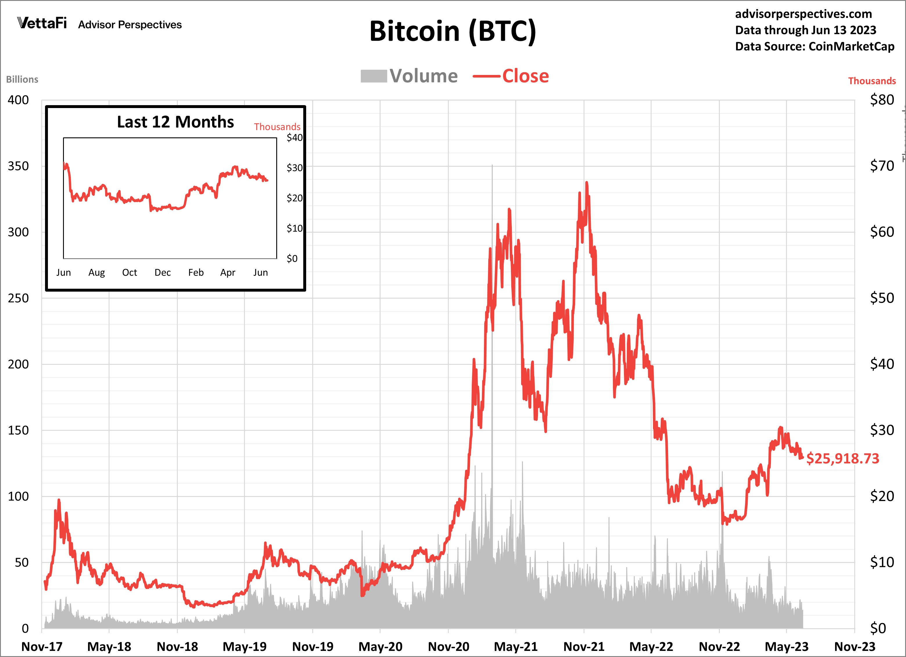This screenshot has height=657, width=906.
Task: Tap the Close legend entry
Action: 511,76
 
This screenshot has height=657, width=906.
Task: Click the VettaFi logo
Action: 42,23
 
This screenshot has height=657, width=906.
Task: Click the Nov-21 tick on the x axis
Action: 584,646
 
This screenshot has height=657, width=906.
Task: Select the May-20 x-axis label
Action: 380,646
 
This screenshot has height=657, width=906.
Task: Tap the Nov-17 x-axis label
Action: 42,646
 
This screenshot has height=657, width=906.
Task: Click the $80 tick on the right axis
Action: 882,100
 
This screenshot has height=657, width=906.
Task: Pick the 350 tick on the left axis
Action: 18,166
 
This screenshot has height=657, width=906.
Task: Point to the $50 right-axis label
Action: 882,298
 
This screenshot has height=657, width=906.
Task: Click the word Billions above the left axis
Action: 22,80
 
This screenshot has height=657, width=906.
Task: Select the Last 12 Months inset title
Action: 175,122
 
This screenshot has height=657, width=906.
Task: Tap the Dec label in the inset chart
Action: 163,272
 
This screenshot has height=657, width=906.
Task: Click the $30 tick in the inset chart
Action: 295,168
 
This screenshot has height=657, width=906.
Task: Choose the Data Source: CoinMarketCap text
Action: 814,46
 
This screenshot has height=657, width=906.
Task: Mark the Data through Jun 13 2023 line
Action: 805,30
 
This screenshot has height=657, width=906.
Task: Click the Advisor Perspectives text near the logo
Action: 130,25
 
